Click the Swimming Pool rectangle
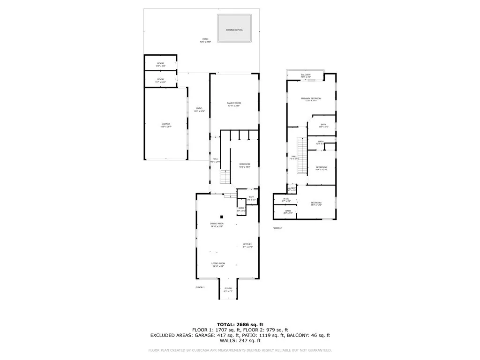234,30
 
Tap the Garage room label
166,125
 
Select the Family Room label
234,104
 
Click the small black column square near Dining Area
223,216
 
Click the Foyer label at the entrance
228,290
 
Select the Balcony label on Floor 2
306,75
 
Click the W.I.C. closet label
287,200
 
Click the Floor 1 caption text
200,287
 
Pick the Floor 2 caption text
277,228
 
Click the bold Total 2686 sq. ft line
240,324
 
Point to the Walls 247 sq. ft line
240,341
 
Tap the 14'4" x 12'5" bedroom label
316,203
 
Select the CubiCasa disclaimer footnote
240,350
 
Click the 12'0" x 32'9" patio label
199,110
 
